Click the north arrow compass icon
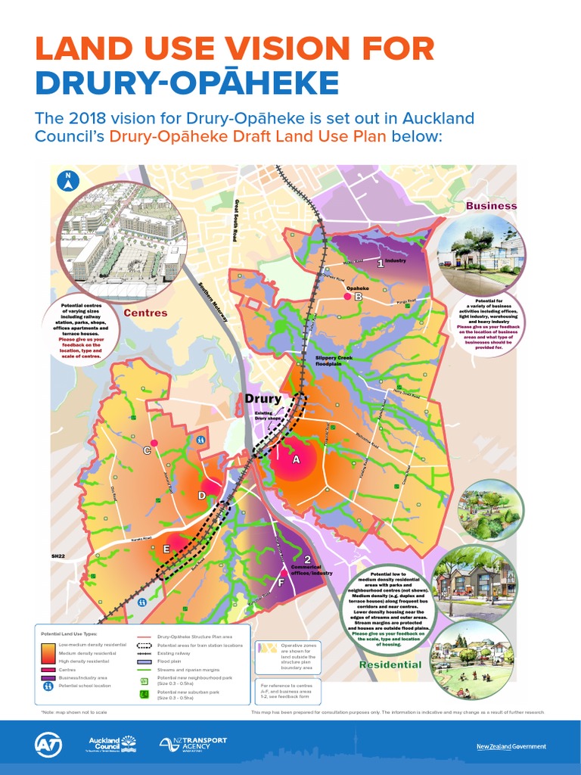point(68,182)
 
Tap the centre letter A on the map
point(297,459)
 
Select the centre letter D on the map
point(202,496)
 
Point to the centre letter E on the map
point(166,549)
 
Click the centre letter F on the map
point(281,583)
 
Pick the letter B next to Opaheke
point(359,297)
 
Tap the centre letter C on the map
point(148,451)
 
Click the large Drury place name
point(262,399)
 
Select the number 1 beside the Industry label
point(381,263)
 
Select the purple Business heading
point(491,206)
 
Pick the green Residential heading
point(390,665)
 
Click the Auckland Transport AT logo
point(48,745)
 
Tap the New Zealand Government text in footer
point(511,746)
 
